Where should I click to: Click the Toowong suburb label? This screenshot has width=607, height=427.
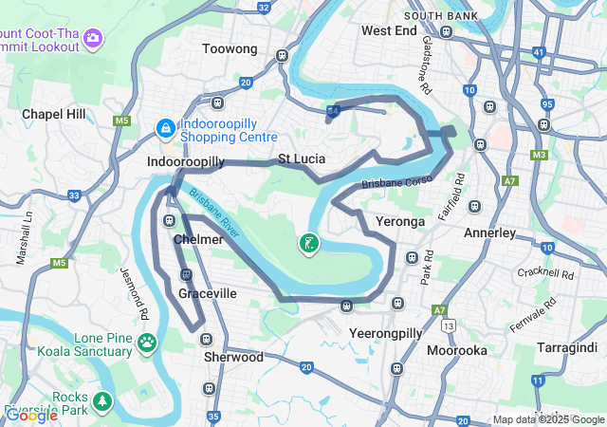tap(230, 48)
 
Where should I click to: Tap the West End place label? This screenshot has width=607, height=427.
tap(389, 30)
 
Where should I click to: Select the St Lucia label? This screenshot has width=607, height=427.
tap(303, 158)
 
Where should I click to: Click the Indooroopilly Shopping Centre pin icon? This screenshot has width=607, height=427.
tap(164, 126)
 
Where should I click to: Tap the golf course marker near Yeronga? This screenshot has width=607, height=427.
tap(308, 244)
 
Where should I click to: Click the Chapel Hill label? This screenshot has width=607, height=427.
tap(54, 114)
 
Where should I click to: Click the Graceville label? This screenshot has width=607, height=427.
tap(208, 294)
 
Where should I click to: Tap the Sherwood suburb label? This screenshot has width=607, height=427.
tap(233, 358)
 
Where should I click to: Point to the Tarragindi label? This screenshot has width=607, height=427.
tap(567, 348)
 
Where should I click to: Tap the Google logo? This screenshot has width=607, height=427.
tap(31, 415)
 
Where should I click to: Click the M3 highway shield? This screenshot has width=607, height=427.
tap(540, 155)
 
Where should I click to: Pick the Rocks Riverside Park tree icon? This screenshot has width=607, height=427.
tap(100, 401)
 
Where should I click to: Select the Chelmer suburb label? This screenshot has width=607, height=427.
tap(198, 240)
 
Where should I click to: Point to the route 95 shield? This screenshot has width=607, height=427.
tap(547, 103)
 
